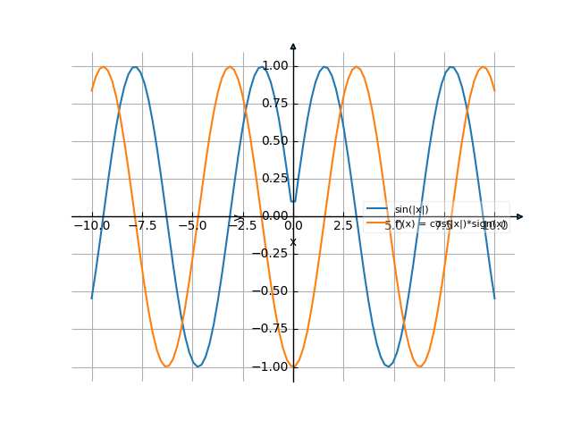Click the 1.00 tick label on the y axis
275,66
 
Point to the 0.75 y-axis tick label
275,104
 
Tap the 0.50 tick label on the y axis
275,141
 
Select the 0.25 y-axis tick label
275,179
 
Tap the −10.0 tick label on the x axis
91,226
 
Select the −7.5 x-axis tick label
141,226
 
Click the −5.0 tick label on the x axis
192,226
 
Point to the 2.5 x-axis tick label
343,226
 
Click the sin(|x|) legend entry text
411,210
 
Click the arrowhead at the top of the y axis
293,46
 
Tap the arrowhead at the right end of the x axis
519,216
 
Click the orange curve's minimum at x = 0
293,366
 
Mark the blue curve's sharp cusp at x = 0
293,202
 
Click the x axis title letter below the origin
293,241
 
